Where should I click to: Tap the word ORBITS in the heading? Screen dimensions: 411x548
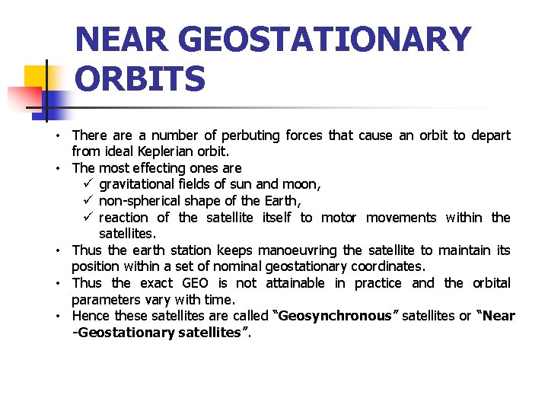point(140,79)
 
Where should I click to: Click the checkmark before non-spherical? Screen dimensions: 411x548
point(87,201)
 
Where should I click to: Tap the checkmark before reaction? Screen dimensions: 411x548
point(87,218)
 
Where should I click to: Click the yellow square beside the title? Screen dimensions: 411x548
point(37,76)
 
